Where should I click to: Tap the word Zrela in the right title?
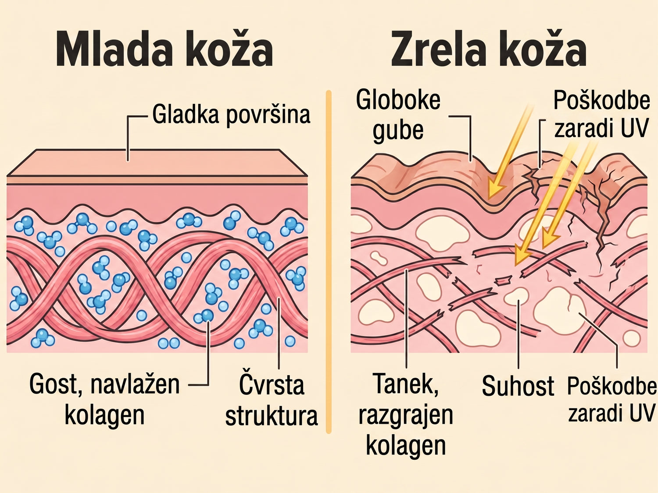coord(438,49)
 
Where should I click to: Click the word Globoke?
coord(398,100)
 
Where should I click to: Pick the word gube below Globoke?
coord(398,131)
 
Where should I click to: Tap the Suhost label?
coord(518,386)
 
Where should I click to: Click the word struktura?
coord(272,415)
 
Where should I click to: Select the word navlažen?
coord(135,385)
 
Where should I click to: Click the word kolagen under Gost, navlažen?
coord(104,415)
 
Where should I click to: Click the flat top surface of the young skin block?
coord(157,163)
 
